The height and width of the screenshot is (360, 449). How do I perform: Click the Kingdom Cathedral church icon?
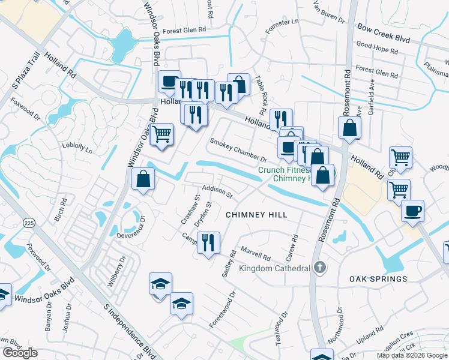[x=321, y=268]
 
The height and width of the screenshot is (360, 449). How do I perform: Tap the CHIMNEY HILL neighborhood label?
[x=256, y=215]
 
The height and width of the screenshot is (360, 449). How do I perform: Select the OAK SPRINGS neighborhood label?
[x=379, y=279]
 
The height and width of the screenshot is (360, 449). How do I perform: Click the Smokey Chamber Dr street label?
[x=238, y=151]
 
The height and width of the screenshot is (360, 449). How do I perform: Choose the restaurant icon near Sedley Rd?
[x=208, y=244]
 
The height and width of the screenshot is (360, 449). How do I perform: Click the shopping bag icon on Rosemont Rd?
[x=349, y=128]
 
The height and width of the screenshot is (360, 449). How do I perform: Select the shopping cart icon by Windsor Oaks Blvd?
[x=161, y=135]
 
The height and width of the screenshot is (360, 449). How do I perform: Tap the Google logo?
[x=19, y=353]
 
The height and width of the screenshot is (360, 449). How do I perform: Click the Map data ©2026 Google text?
[x=412, y=355]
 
